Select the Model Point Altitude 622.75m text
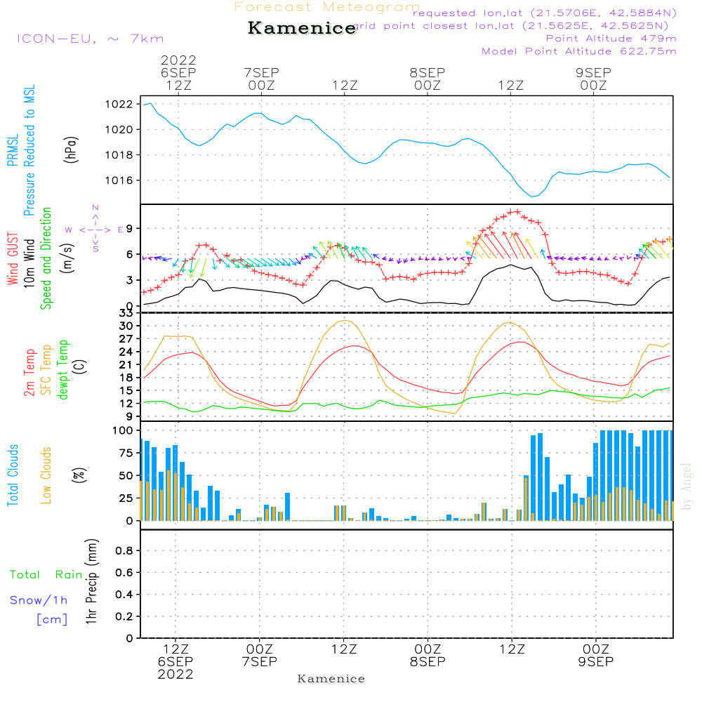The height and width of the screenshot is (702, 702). (x=579, y=51)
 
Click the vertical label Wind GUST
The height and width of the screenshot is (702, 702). (x=13, y=259)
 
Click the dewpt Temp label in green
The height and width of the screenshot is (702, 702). (x=64, y=369)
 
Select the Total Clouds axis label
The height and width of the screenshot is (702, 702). (x=13, y=475)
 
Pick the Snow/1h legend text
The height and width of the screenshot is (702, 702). (x=39, y=601)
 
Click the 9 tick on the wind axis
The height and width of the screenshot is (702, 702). (x=130, y=229)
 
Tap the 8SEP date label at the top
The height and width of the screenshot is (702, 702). (x=427, y=73)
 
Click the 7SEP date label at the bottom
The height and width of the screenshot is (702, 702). (x=259, y=662)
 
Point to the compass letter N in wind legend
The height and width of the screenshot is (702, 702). (x=95, y=208)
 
